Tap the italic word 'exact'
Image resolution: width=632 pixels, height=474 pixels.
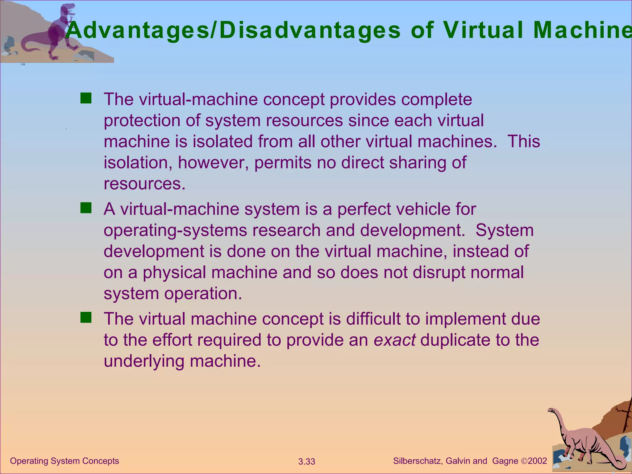394,340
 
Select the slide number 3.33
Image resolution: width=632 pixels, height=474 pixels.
307,462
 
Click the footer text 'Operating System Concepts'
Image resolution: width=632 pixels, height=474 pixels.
64,461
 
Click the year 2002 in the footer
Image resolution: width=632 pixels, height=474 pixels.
537,461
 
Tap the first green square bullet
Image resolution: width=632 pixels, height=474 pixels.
86,98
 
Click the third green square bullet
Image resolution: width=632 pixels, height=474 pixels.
86,318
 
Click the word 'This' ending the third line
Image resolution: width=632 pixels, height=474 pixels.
524,141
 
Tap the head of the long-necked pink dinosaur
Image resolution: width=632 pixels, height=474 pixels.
551,410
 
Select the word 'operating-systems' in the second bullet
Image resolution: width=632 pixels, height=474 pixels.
175,230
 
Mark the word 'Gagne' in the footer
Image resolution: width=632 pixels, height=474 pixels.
505,461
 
